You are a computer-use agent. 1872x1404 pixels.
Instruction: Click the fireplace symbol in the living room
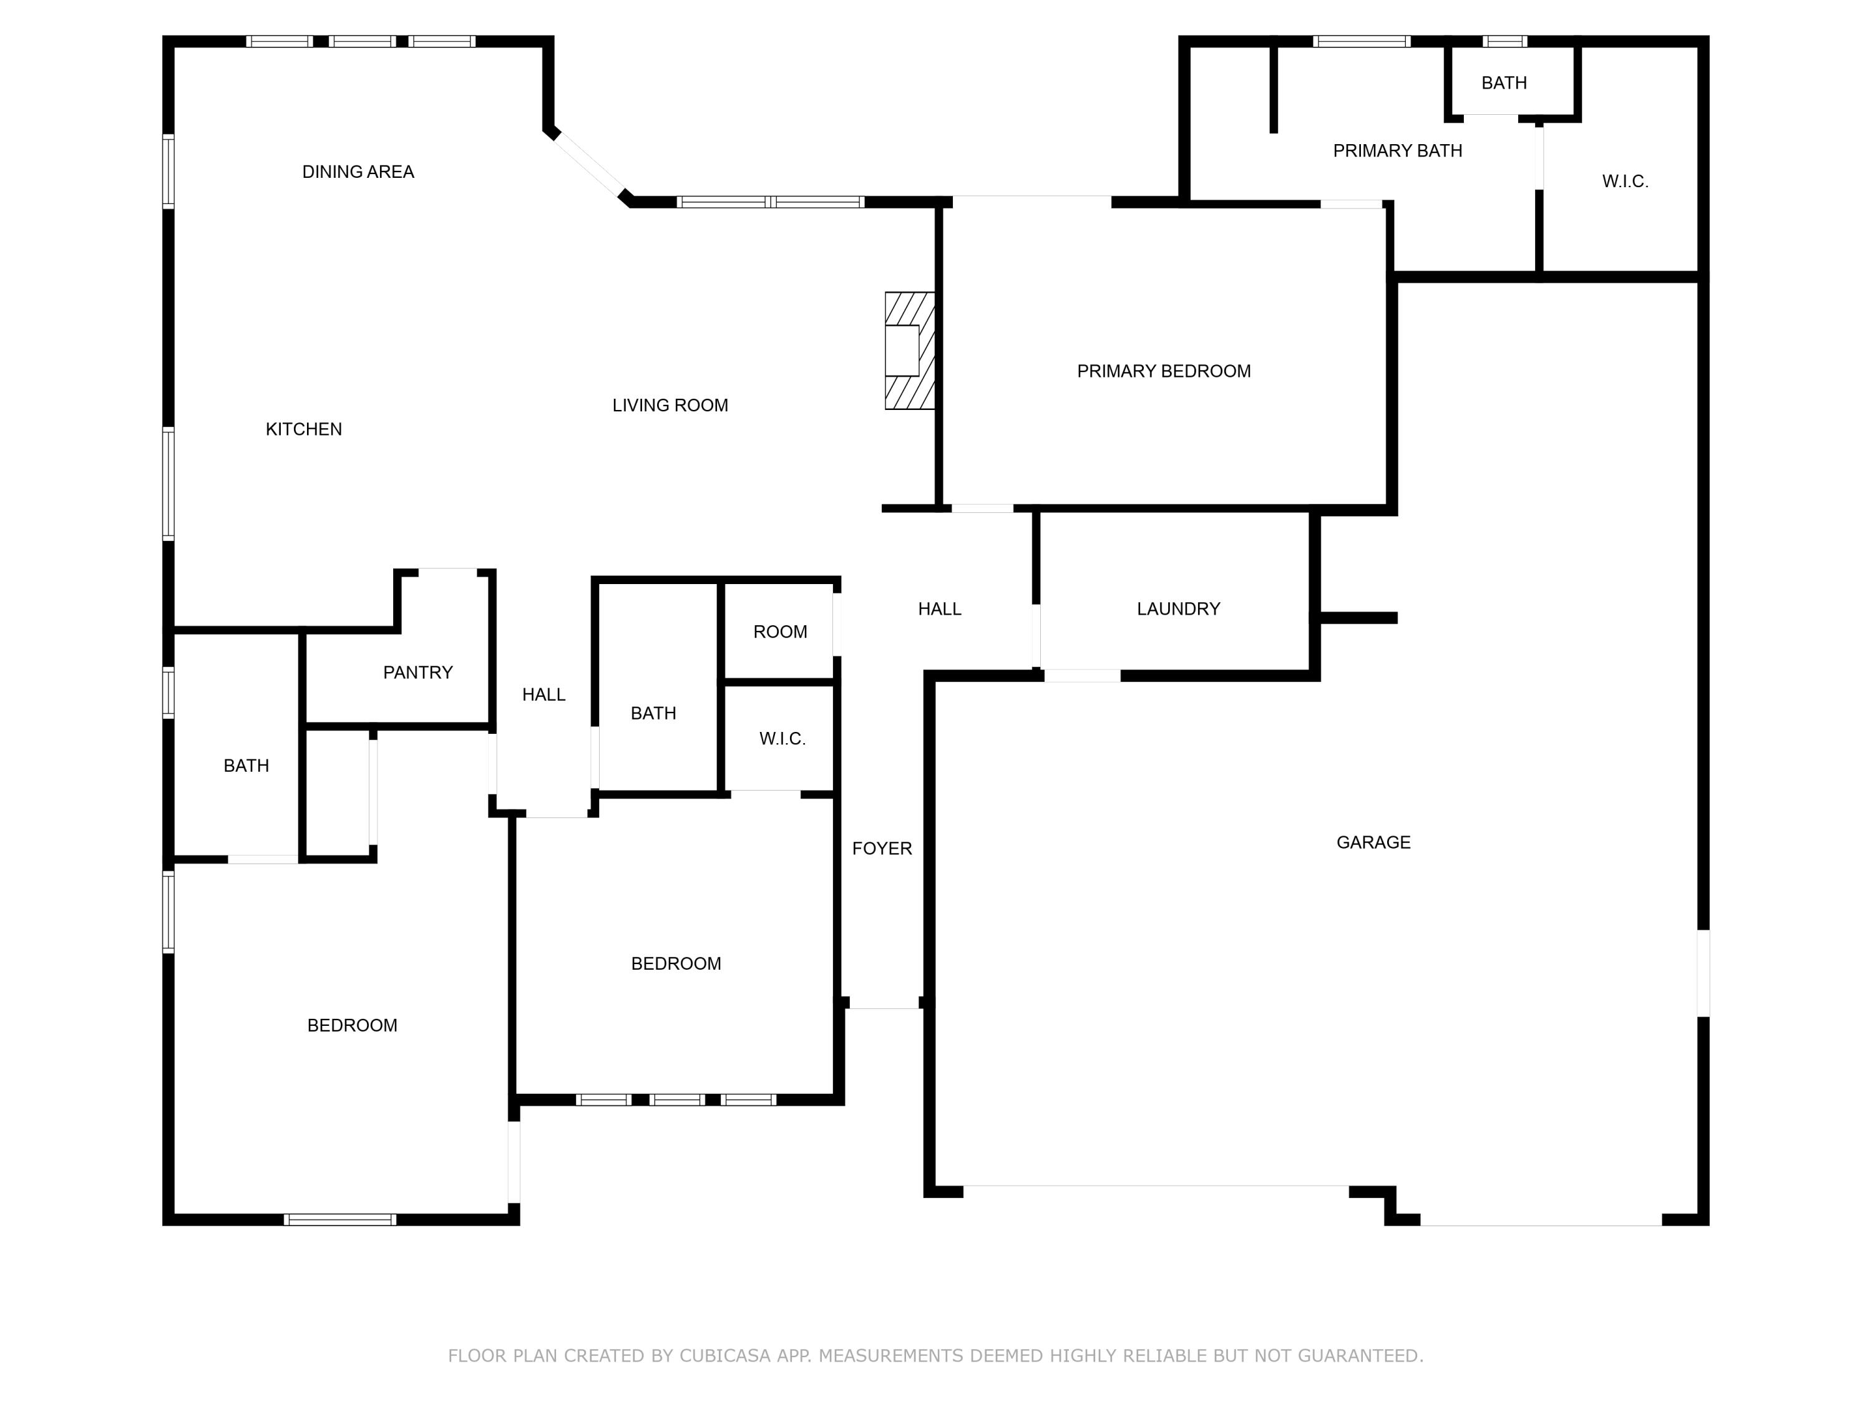tap(909, 350)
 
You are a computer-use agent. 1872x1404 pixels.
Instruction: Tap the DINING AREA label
tap(358, 172)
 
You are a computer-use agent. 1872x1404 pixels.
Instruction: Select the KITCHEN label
tap(304, 429)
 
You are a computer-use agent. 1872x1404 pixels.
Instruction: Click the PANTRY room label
tap(417, 672)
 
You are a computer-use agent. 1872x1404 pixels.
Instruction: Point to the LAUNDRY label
tap(1178, 608)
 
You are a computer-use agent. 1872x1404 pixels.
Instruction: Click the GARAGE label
tap(1373, 842)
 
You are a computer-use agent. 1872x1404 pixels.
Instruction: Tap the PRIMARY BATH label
tap(1397, 150)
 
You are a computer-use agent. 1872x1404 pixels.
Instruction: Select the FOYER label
tap(882, 848)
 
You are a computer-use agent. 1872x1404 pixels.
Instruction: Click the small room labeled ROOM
tap(779, 631)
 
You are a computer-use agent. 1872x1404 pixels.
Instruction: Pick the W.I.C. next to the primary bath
tap(1625, 181)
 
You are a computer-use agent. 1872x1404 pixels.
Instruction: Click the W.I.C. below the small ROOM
tap(782, 738)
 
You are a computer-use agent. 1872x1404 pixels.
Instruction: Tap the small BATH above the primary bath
tap(1504, 83)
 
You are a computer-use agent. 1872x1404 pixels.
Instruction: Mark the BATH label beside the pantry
tap(246, 765)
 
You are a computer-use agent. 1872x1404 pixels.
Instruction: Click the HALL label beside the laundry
tap(939, 608)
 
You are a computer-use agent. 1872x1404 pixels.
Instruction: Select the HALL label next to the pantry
tap(544, 694)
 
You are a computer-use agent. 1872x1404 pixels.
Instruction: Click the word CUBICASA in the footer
tap(724, 1356)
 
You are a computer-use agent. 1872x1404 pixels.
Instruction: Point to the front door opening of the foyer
tap(884, 1007)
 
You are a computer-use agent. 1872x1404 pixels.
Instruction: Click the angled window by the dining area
tap(590, 164)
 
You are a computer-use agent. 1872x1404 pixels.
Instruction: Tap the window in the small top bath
tap(1504, 41)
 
